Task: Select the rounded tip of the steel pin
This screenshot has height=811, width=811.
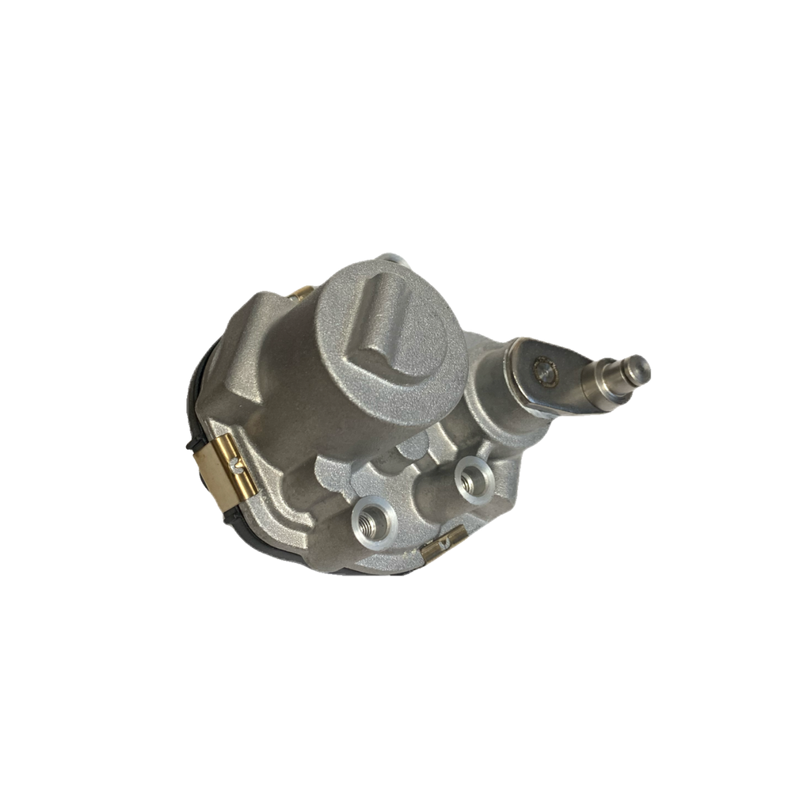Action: point(642,366)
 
